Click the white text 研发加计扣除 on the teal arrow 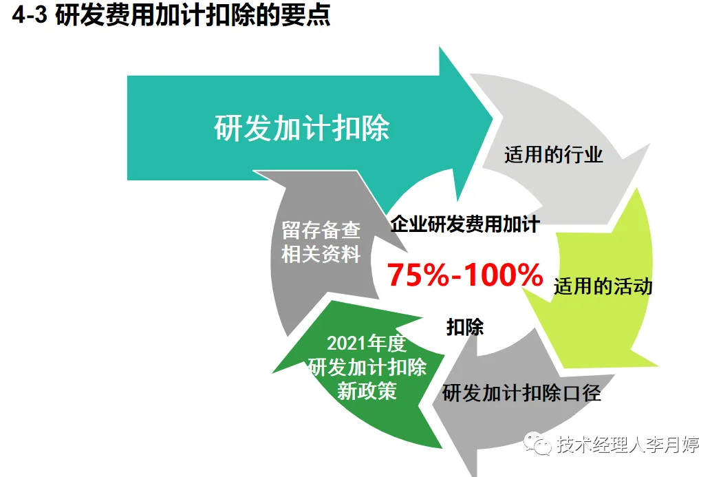(302, 128)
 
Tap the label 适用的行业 (554, 155)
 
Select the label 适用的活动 (603, 286)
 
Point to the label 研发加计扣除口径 (521, 393)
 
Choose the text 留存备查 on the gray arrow (321, 231)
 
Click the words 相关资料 (321, 254)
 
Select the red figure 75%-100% (465, 275)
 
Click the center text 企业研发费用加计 (465, 224)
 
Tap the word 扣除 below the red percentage (465, 327)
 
